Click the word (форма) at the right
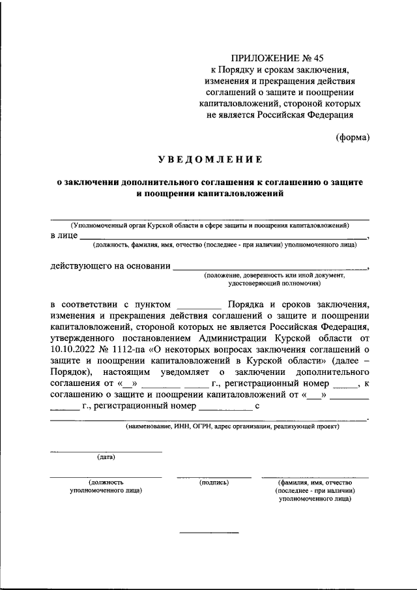[x=352, y=137]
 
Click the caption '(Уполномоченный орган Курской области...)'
[x=210, y=225]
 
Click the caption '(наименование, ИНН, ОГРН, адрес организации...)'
[x=233, y=427]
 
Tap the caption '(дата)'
[x=106, y=457]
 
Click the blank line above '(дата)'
[x=106, y=451]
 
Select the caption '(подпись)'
[x=214, y=482]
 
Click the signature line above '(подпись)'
[x=214, y=477]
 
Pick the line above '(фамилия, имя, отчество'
[x=314, y=477]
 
